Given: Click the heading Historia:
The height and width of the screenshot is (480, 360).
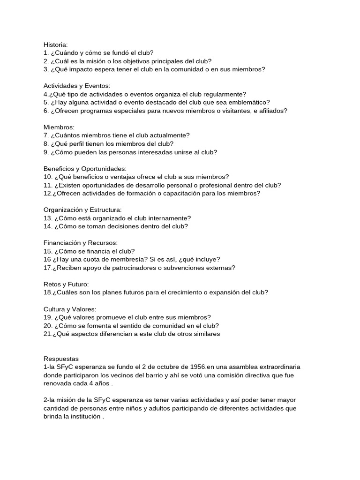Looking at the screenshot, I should click(56, 45).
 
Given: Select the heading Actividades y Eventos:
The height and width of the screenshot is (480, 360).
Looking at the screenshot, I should click(77, 86).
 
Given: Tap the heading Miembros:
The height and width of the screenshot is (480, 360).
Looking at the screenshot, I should click(59, 127).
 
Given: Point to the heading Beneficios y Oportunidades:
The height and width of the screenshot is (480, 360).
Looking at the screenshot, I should click(85, 168).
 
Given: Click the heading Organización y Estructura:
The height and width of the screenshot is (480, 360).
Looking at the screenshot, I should click(82, 210).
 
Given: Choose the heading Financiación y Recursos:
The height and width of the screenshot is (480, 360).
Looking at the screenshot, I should click(80, 243).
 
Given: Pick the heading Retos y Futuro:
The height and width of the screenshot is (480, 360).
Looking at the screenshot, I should click(66, 284).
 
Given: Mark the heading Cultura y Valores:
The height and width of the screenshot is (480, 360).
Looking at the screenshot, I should click(70, 309).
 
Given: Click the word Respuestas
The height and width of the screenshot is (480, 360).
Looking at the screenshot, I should click(61, 359).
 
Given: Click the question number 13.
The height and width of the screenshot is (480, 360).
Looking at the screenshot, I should click(48, 218).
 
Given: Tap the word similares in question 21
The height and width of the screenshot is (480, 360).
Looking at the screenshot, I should click(205, 334).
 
